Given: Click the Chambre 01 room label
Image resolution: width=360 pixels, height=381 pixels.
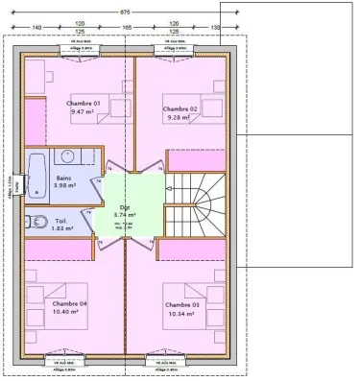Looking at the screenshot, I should [84, 103].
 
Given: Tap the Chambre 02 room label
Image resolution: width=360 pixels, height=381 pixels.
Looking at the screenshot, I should [180, 109].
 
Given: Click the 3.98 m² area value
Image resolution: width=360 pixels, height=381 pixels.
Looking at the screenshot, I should [64, 186].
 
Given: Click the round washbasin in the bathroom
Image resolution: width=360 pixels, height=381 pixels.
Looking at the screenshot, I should [69, 156].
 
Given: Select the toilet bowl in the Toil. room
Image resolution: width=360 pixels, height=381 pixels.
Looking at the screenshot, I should [38, 224].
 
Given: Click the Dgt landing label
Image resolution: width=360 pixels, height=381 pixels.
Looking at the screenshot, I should [125, 207].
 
